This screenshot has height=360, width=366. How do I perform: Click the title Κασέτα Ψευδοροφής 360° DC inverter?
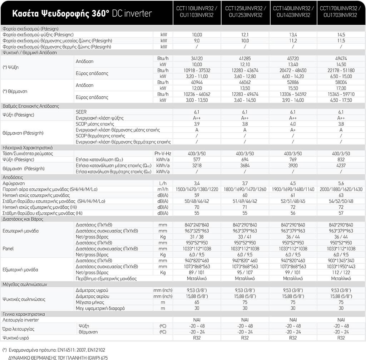tap(82, 14)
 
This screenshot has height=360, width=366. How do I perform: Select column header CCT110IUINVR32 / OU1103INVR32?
tap(197, 12)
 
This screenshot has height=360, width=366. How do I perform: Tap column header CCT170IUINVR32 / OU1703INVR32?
tap(341, 12)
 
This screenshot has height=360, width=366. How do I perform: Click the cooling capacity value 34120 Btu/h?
tap(197, 58)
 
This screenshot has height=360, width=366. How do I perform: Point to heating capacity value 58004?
tap(341, 82)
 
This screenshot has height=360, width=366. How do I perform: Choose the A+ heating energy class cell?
tap(293, 130)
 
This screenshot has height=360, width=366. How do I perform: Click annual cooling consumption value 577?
tap(197, 159)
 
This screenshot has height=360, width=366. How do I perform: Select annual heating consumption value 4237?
tap(341, 165)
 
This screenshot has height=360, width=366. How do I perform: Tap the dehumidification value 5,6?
tap(341, 183)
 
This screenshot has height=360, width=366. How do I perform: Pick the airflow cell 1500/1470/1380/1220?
tap(197, 189)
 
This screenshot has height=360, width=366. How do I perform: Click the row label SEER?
tap(81, 112)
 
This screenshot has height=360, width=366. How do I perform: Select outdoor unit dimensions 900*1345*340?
tap(341, 261)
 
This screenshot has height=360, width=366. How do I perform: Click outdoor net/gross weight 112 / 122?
tap(341, 272)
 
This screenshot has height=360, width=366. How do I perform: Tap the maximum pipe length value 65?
tap(197, 302)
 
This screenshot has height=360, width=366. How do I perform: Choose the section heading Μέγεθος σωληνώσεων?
tap(25, 284)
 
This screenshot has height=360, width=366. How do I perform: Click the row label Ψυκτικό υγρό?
tap(16, 337)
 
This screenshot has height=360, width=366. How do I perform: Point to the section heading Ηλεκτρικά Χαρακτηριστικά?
tap(28, 147)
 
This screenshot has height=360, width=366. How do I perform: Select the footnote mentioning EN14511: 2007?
tap(54, 349)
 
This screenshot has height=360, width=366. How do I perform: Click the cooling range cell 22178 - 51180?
tap(341, 70)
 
